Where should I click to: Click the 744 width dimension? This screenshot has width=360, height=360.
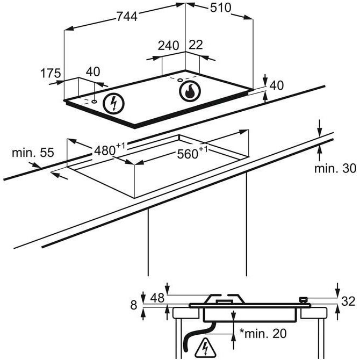[x=127, y=17]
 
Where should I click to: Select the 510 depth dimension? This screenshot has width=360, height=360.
[x=221, y=8]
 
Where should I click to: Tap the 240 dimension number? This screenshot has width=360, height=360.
[x=168, y=45]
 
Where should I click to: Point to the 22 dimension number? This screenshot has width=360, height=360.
[x=196, y=45]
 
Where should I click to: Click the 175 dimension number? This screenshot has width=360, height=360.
[x=51, y=73]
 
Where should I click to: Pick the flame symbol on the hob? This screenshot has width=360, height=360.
[x=190, y=91]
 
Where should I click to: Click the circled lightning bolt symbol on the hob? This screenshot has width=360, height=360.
[x=113, y=104]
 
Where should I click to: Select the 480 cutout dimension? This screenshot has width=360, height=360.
[x=110, y=149]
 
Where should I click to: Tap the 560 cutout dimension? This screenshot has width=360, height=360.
[x=192, y=153]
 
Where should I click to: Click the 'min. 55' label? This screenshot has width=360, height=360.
[x=33, y=153]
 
